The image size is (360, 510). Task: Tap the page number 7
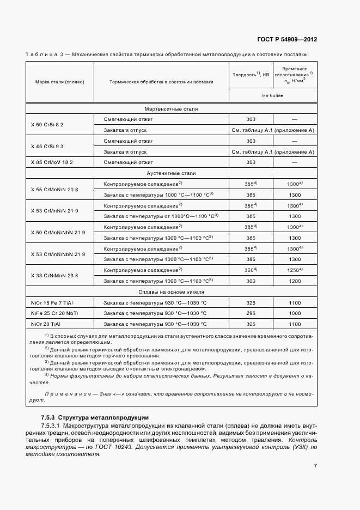point(315,466)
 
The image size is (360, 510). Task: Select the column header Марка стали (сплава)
point(59,82)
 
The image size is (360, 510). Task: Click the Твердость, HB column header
point(251,75)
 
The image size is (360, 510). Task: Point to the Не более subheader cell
point(272,95)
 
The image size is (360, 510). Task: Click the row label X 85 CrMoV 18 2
point(52,162)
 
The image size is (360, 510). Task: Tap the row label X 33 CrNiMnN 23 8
point(54,275)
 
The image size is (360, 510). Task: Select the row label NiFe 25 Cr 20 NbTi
point(55,313)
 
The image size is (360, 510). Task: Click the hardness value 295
point(251,313)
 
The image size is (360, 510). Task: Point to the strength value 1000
point(295,313)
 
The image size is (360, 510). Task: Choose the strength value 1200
point(295,281)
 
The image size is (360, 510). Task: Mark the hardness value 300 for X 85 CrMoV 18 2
point(251,162)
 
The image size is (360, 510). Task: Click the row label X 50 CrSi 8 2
point(47,124)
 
